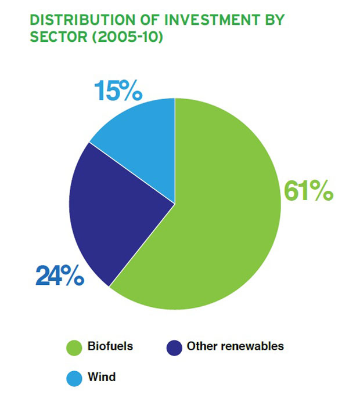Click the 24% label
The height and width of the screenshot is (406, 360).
pyautogui.click(x=60, y=275)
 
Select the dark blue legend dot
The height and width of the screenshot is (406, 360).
pyautogui.click(x=174, y=348)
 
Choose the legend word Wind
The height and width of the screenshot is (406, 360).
pyautogui.click(x=102, y=377)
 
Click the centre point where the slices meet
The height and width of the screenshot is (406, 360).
pyautogui.click(x=175, y=204)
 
